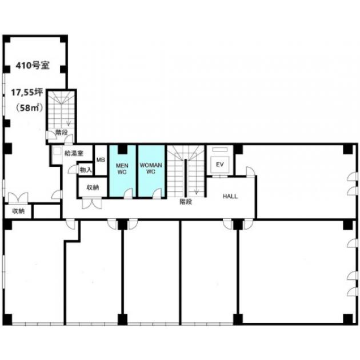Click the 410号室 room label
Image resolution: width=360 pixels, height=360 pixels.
coord(33,66)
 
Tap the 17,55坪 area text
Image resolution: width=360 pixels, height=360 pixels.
coord(27,93)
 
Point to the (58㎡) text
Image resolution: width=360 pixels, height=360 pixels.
coord(29,107)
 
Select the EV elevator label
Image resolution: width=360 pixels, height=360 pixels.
coord(220,165)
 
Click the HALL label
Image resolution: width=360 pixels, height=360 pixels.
coord(230,197)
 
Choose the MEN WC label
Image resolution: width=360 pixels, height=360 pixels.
coord(122,169)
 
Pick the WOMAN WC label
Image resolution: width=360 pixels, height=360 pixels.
coord(151,169)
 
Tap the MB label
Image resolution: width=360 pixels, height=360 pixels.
coord(101,159)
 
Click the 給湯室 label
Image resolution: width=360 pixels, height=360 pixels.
coord(74,153)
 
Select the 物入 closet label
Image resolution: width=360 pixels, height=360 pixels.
coord(86,170)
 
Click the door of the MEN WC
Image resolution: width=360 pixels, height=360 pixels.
coord(128,193)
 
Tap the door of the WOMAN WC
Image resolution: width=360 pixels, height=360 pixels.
coord(157,193)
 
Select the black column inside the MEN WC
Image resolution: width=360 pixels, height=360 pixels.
coord(122,149)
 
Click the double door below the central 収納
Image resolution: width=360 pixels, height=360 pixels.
coord(92,203)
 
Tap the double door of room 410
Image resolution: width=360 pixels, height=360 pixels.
coord(18,198)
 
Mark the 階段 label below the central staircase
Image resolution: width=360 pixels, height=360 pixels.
coord(186,202)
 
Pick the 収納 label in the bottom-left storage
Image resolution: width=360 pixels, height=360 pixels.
coord(18,211)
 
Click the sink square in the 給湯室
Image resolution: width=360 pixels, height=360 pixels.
coord(57,151)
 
